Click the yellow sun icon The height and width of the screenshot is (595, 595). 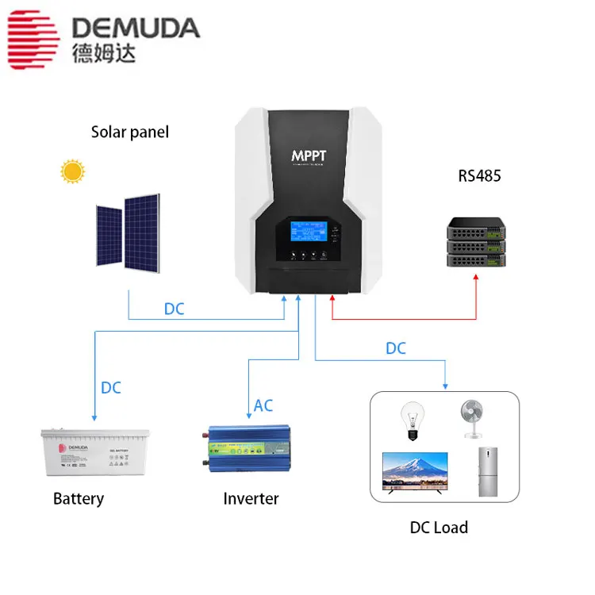point(74,171)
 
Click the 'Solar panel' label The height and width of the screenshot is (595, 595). point(130,132)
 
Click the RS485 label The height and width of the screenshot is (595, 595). point(479,176)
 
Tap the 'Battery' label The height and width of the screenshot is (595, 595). point(79,499)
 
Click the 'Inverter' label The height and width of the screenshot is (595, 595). point(251,499)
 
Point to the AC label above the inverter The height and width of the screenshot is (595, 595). point(263,405)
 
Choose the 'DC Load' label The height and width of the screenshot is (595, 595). point(439,528)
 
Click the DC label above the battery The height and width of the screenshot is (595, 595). point(111,388)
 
